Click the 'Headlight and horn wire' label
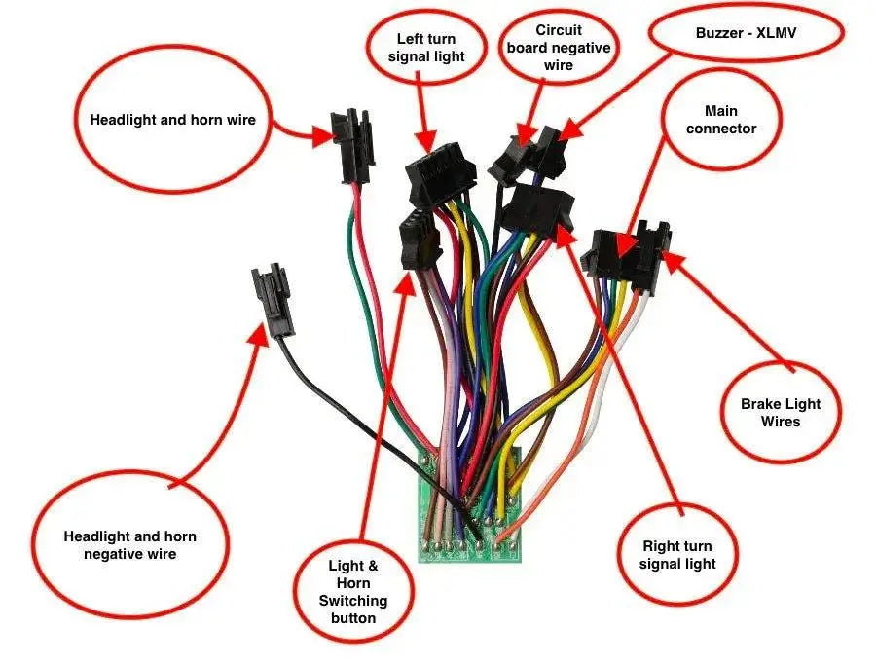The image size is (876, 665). [x=172, y=120]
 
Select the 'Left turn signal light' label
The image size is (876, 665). [x=424, y=48]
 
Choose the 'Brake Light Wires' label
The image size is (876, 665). [x=781, y=412]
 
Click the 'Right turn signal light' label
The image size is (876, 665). [x=677, y=555]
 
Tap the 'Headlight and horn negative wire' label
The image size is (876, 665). [x=129, y=544]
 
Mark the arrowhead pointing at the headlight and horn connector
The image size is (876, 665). [x=321, y=136]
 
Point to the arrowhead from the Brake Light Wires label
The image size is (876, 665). [x=672, y=260]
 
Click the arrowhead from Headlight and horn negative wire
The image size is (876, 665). [x=260, y=334]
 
